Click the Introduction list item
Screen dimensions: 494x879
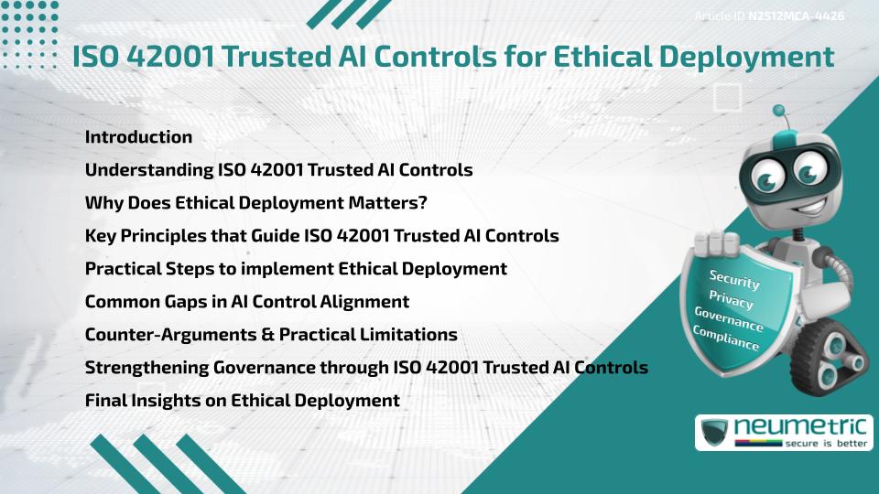(138, 137)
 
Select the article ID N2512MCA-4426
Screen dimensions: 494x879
(796, 16)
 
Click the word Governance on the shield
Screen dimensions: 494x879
(729, 319)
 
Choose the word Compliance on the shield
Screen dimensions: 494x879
(726, 338)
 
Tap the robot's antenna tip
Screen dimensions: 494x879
(780, 112)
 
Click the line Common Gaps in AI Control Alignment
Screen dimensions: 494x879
(246, 301)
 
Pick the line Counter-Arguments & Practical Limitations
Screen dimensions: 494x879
(271, 334)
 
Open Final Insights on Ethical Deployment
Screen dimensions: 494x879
(242, 400)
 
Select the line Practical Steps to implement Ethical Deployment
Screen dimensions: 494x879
(296, 268)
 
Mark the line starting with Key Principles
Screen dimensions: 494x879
(321, 235)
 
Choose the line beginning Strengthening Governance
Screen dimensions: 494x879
(366, 367)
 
